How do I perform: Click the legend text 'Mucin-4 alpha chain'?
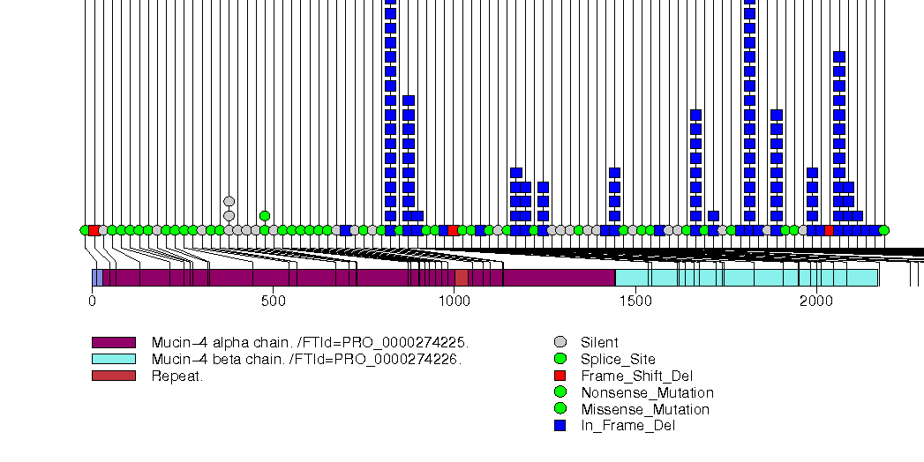pos(310,342)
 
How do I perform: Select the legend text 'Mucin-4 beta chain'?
pos(306,359)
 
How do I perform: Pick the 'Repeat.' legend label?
pos(177,376)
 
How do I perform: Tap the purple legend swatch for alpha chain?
pos(114,342)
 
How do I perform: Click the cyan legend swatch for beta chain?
pos(114,359)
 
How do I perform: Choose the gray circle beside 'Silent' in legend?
pos(560,342)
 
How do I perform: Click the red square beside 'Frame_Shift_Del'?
pos(560,376)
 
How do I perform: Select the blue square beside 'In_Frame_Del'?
pos(560,426)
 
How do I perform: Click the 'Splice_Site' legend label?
pos(618,359)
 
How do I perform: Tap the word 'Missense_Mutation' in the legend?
pos(645,409)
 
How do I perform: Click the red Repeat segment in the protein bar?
pos(462,278)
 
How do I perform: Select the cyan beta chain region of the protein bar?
pos(746,278)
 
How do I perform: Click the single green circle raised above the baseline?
pos(265,216)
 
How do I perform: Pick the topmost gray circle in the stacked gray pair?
pos(229,201)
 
